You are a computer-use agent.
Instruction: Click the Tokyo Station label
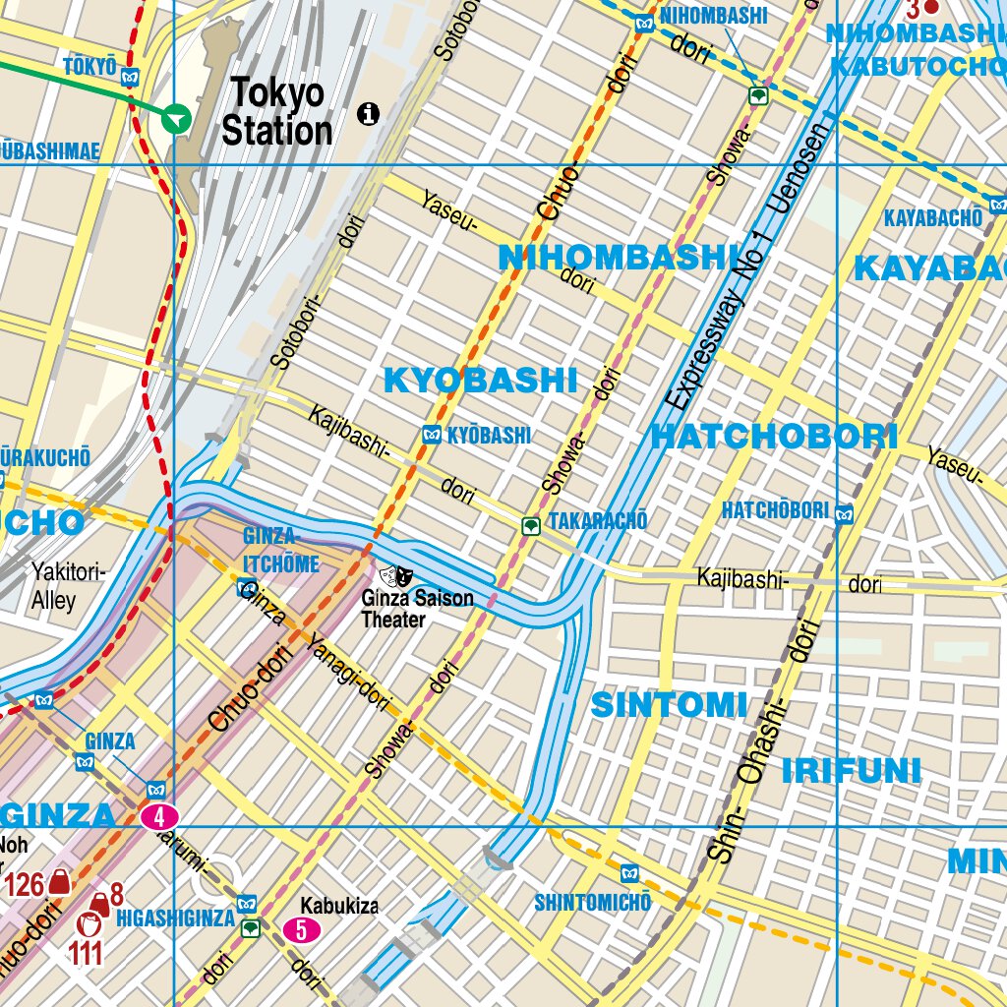[276, 112]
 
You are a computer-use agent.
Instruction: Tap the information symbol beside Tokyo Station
[369, 113]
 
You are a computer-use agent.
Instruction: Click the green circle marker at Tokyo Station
[176, 118]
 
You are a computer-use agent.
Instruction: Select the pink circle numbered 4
[159, 816]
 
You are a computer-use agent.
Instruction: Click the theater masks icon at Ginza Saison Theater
[396, 573]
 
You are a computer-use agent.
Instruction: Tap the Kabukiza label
[339, 906]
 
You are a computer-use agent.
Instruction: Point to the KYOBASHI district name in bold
[479, 381]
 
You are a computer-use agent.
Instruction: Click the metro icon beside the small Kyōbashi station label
[431, 435]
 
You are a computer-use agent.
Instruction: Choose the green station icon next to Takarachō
[531, 526]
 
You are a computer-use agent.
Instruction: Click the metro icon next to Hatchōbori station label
[844, 511]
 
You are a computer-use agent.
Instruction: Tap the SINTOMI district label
[669, 705]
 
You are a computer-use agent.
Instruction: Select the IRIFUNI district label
[851, 771]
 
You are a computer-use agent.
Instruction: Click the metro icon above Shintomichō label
[629, 872]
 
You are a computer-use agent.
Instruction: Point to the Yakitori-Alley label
[68, 585]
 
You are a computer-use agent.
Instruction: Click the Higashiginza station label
[175, 918]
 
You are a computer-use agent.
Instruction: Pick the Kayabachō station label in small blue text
[932, 217]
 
